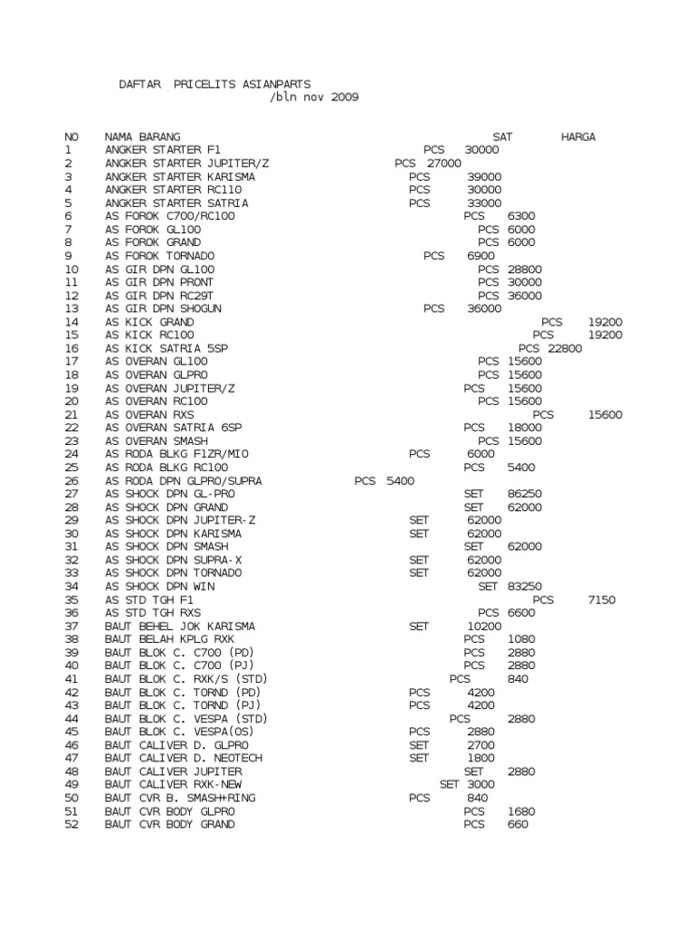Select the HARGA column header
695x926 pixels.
(x=578, y=137)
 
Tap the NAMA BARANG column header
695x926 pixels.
(x=142, y=137)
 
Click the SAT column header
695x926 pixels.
(x=502, y=137)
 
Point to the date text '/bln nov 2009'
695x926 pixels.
(x=315, y=97)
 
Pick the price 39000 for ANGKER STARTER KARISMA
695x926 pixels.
(x=484, y=176)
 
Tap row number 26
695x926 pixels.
(x=71, y=481)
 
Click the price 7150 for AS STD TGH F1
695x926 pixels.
(x=602, y=600)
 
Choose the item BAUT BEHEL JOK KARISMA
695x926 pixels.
(x=179, y=626)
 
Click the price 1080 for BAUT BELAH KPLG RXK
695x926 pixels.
(x=522, y=638)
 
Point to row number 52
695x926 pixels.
(x=71, y=824)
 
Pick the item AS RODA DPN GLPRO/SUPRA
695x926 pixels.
(x=183, y=481)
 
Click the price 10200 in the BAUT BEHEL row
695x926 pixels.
(x=484, y=626)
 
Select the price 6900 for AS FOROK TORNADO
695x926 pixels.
(x=481, y=256)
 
